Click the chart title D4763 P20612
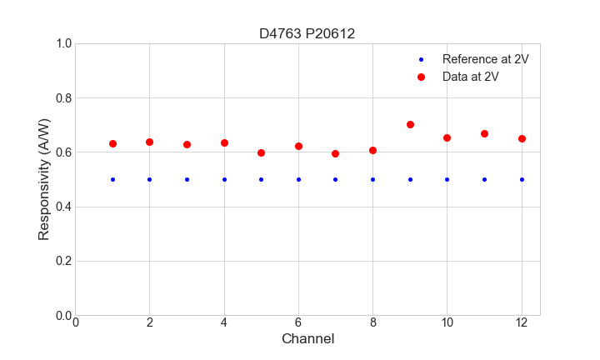(x=307, y=33)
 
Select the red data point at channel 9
(x=410, y=124)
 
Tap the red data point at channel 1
(x=112, y=143)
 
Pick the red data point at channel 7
(x=335, y=153)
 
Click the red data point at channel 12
(x=522, y=138)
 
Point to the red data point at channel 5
(x=261, y=152)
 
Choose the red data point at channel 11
(x=484, y=133)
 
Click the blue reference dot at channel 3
(x=187, y=179)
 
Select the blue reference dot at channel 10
(x=447, y=179)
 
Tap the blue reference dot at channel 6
(x=298, y=179)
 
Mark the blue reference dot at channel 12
(x=522, y=179)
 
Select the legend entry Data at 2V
(x=470, y=77)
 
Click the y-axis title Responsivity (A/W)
(x=44, y=179)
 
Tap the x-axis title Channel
(x=307, y=339)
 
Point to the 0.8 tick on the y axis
(x=63, y=98)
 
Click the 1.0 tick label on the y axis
(x=63, y=43)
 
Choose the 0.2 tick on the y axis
(x=63, y=261)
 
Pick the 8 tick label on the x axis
(x=372, y=323)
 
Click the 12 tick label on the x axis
(x=522, y=323)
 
